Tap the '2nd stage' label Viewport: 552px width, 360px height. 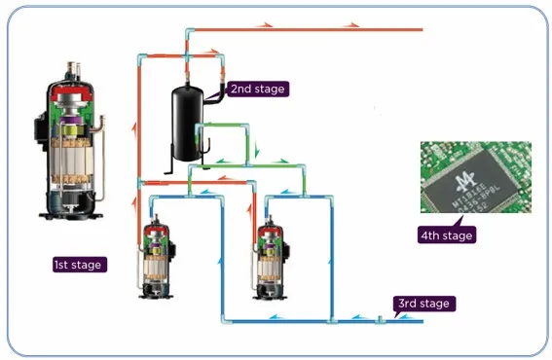[258, 89]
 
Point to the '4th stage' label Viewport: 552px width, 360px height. [445, 235]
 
